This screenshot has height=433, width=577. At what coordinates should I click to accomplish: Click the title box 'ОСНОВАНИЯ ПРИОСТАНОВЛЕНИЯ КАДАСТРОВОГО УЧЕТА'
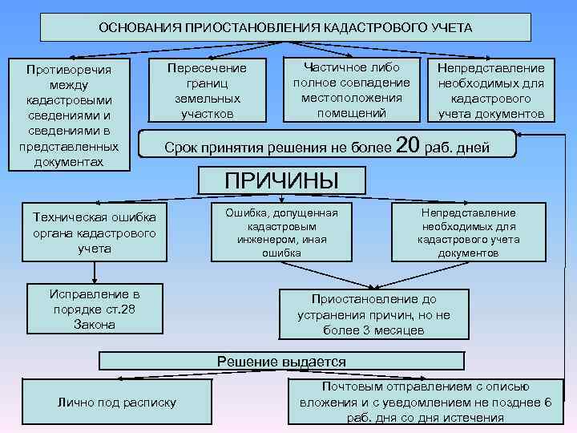[285, 27]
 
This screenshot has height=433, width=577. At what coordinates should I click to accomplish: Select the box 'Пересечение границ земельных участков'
[206, 91]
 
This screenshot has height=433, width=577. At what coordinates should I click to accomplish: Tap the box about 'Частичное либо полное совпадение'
[352, 89]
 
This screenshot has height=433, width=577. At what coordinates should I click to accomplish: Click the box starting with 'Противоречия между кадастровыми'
[68, 115]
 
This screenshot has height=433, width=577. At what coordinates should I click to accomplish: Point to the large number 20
[408, 145]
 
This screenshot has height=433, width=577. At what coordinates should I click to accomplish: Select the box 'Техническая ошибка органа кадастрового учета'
[95, 233]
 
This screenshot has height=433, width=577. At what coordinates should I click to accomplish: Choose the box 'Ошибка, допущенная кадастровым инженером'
[281, 233]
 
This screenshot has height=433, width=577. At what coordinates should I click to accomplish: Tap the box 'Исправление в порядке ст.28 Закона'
[95, 308]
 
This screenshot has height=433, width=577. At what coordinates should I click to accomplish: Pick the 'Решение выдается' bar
[281, 362]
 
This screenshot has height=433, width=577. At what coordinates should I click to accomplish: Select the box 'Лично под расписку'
[118, 402]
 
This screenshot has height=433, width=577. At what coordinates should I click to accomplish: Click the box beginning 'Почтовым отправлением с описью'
[425, 402]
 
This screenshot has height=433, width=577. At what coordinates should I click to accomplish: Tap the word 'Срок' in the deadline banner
[180, 148]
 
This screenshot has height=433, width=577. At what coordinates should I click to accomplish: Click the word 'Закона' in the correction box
[95, 325]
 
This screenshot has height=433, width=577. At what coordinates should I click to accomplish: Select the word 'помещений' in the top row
[352, 112]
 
